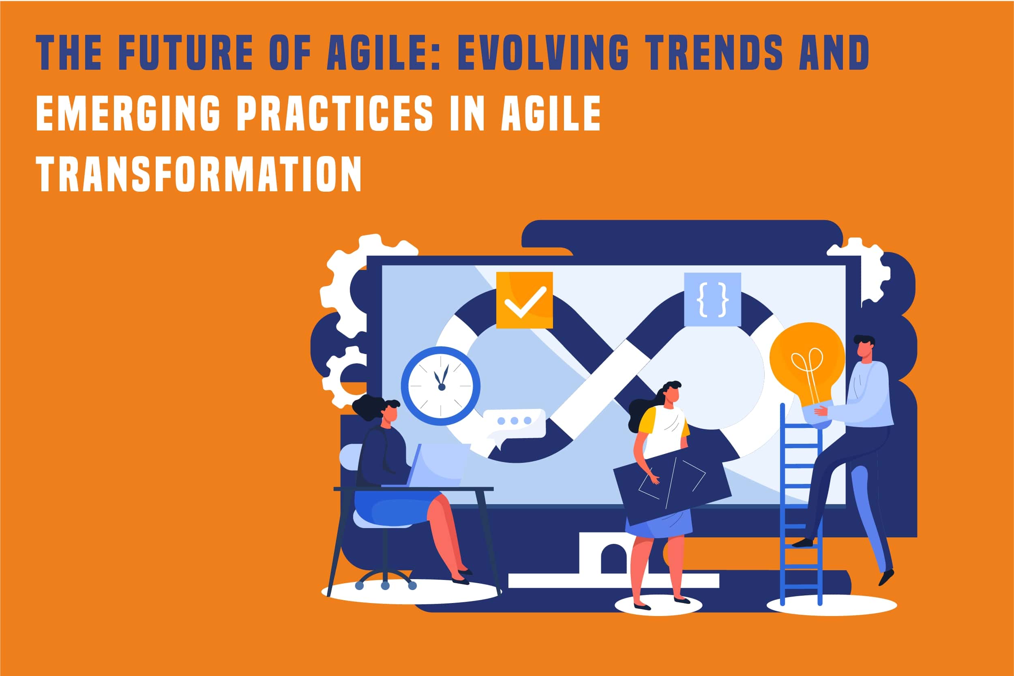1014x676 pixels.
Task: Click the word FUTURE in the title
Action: coord(185,52)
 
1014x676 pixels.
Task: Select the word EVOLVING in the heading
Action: coord(542,52)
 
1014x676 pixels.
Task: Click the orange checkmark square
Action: coord(525,300)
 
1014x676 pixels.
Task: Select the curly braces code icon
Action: coord(712,299)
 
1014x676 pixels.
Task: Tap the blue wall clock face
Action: coord(440,386)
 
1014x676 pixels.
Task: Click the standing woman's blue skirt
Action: coord(659,522)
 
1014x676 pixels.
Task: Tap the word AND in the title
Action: coord(834,52)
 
